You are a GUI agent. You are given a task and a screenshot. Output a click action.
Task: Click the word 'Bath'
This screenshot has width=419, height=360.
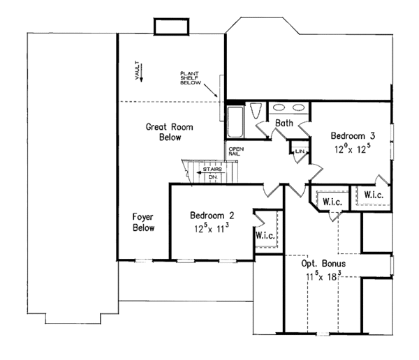[x=284, y=123]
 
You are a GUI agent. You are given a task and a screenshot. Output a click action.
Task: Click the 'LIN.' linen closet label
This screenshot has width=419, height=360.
[x=300, y=151]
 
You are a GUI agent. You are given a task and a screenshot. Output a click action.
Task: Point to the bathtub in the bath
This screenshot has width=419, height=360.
[x=235, y=120]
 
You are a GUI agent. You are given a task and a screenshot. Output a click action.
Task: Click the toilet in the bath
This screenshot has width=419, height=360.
[x=256, y=110]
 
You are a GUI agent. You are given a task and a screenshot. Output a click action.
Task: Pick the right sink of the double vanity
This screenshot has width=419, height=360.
[x=299, y=108]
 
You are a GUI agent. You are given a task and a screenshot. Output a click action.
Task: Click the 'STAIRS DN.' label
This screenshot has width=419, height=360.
[x=212, y=172]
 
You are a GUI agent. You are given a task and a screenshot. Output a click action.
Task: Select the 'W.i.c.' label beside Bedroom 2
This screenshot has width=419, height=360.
[x=265, y=235]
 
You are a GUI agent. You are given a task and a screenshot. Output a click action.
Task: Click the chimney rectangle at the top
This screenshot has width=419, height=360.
[x=170, y=27]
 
